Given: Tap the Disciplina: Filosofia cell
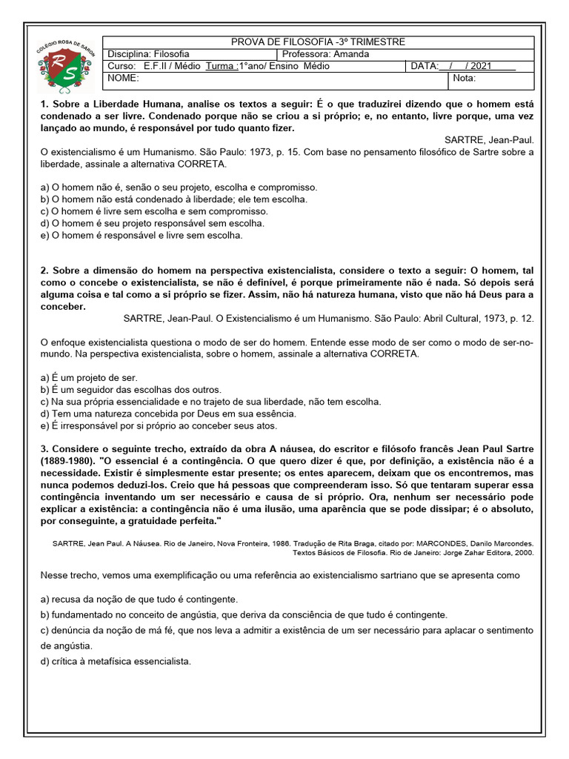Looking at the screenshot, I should [x=149, y=55].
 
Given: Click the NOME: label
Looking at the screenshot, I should [x=123, y=78].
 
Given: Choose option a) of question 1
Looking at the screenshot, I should [x=179, y=188].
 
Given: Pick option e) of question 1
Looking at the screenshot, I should [x=142, y=235].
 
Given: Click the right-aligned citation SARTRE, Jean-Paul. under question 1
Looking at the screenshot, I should [x=489, y=139].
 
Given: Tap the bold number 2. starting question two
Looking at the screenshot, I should [x=44, y=271].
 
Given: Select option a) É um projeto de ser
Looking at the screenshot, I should [x=89, y=377].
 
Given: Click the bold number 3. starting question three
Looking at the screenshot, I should [x=44, y=449].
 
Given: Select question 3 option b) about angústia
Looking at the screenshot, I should [x=244, y=614].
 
